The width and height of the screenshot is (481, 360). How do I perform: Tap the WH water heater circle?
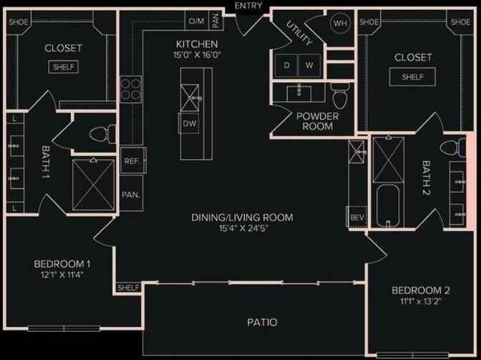coord(339,22)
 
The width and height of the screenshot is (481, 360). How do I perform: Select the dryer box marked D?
coord(287,65)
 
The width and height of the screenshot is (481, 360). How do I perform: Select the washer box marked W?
coord(308,65)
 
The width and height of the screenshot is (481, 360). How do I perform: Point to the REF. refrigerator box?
coord(131,161)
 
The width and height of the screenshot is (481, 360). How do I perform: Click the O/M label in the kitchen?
coord(196,21)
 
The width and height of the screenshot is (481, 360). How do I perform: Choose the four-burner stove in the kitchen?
coord(130,89)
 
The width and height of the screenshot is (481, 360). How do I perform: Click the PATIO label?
coord(262,322)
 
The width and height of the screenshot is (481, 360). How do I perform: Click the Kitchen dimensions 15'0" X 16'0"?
coord(192,54)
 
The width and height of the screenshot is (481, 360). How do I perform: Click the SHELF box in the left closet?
coord(64,67)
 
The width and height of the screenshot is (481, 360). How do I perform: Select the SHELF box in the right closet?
coord(412,77)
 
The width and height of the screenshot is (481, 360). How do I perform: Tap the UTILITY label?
coord(300,34)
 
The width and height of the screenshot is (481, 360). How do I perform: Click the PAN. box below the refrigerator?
coord(130,194)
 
